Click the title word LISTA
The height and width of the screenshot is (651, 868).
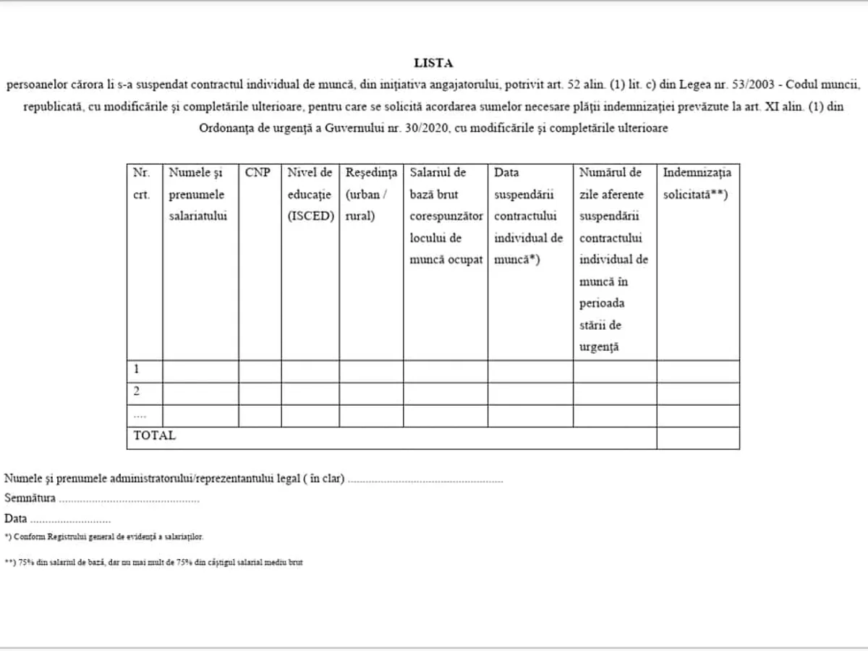tap(434, 64)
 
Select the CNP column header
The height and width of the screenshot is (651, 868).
tap(258, 173)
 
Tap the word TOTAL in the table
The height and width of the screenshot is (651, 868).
tap(154, 435)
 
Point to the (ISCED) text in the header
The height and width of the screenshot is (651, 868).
tap(310, 216)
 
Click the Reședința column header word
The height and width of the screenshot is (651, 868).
tap(371, 173)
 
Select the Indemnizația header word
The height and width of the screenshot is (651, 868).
tap(697, 173)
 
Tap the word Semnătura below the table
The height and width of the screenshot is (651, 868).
tap(30, 498)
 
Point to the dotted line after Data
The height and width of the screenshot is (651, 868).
tap(71, 520)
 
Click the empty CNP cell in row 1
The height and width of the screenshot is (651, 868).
tap(260, 371)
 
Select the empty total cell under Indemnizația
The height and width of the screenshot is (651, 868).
tap(698, 438)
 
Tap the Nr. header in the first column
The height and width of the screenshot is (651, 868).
tap(140, 173)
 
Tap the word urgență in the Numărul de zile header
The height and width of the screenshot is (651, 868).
tap(600, 346)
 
